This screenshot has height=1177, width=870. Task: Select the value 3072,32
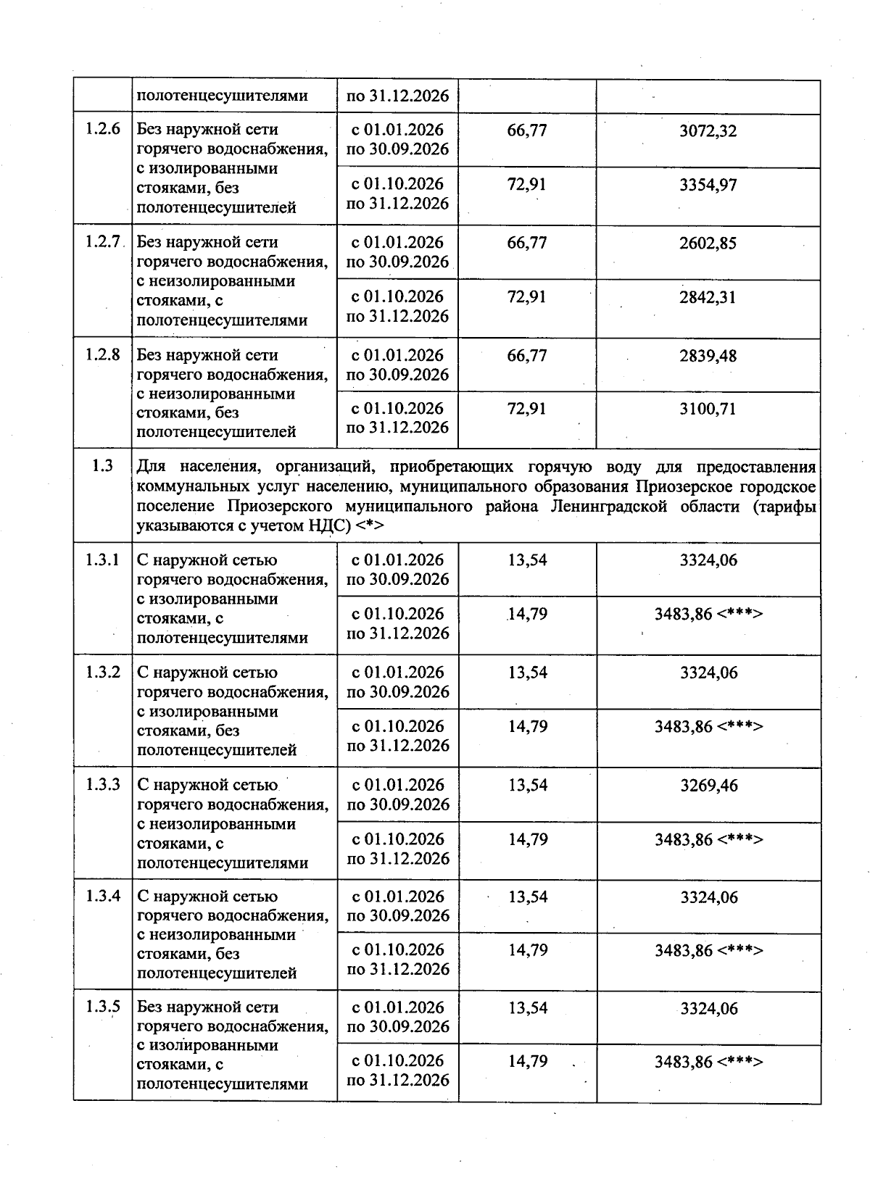pos(708,131)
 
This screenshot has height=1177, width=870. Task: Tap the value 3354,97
pos(708,185)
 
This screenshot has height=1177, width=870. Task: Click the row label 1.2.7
pos(102,242)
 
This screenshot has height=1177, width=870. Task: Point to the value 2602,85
pos(708,244)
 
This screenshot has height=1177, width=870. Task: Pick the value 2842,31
pos(708,297)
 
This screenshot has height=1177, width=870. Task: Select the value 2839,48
pos(708,356)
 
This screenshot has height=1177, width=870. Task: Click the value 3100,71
pos(708,409)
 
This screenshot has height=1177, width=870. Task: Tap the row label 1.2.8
pos(102,355)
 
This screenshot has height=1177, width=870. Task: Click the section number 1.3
pos(102,466)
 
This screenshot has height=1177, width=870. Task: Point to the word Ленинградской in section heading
pos(608,506)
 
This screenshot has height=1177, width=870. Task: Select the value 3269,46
pos(708,786)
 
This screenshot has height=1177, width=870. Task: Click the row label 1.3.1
pos(102,560)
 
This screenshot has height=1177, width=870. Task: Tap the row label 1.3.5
pos(102,1007)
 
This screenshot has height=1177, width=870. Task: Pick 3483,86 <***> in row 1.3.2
pos(708,726)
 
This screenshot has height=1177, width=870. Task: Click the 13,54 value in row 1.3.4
pos(527,897)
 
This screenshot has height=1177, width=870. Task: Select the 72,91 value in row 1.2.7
pos(526,297)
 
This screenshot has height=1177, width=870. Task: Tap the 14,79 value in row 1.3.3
pos(527,839)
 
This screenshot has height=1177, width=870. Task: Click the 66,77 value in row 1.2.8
pos(526,356)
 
